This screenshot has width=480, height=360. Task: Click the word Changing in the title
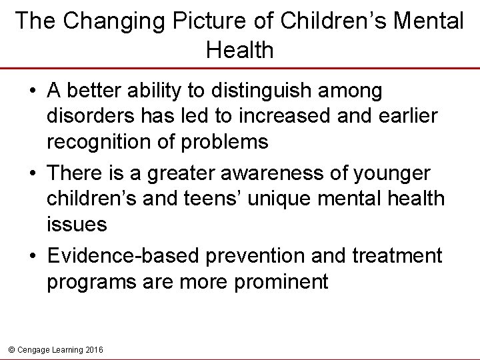pos(107,21)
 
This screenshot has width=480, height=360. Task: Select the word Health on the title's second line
pos(240,50)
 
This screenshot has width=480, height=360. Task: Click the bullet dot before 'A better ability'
pos(32,90)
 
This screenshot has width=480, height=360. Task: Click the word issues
pos(77,225)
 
